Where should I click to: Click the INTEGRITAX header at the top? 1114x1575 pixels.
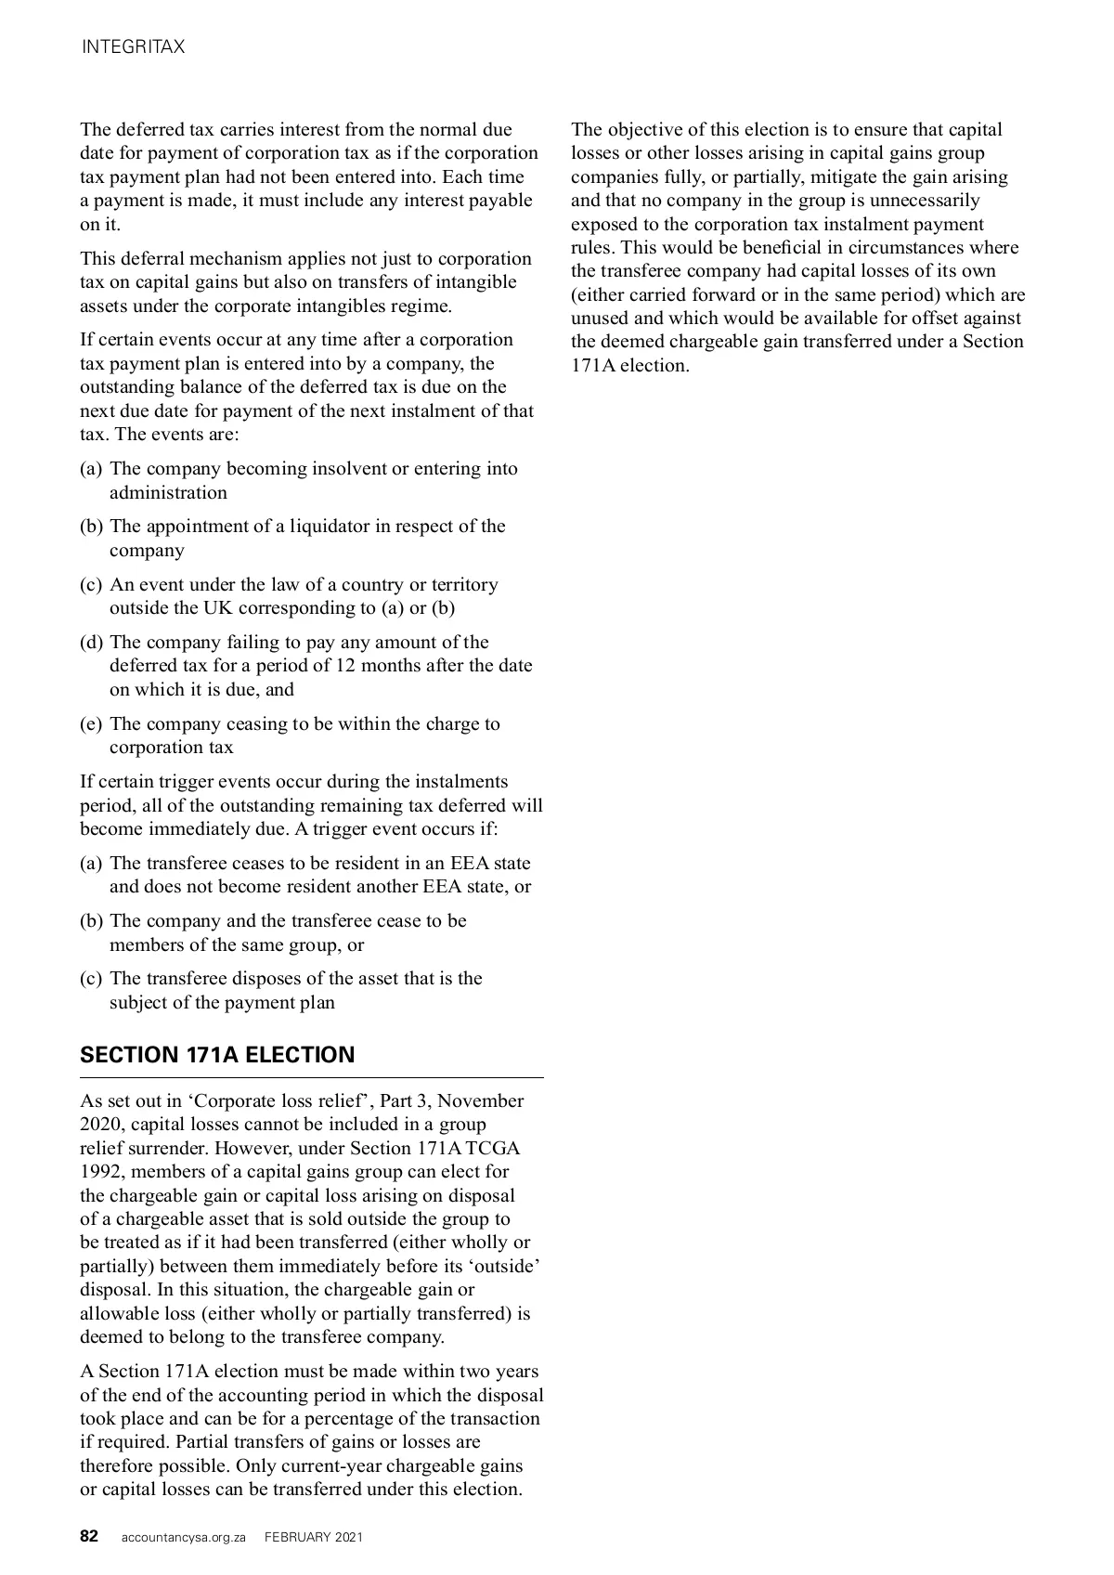[x=133, y=47]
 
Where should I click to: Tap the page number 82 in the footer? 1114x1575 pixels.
[x=89, y=1536]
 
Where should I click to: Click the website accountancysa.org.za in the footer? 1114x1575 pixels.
[x=184, y=1537]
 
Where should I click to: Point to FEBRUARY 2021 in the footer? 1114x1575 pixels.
[x=314, y=1537]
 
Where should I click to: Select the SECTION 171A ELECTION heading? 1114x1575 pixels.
[x=217, y=1054]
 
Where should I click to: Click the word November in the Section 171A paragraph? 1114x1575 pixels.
[x=480, y=1101]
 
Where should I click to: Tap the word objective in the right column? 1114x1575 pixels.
[x=648, y=130]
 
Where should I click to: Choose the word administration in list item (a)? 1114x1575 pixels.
[x=168, y=493]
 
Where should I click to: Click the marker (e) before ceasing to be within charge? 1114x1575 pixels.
[x=91, y=724]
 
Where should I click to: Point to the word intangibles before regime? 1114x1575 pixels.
[x=353, y=306]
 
